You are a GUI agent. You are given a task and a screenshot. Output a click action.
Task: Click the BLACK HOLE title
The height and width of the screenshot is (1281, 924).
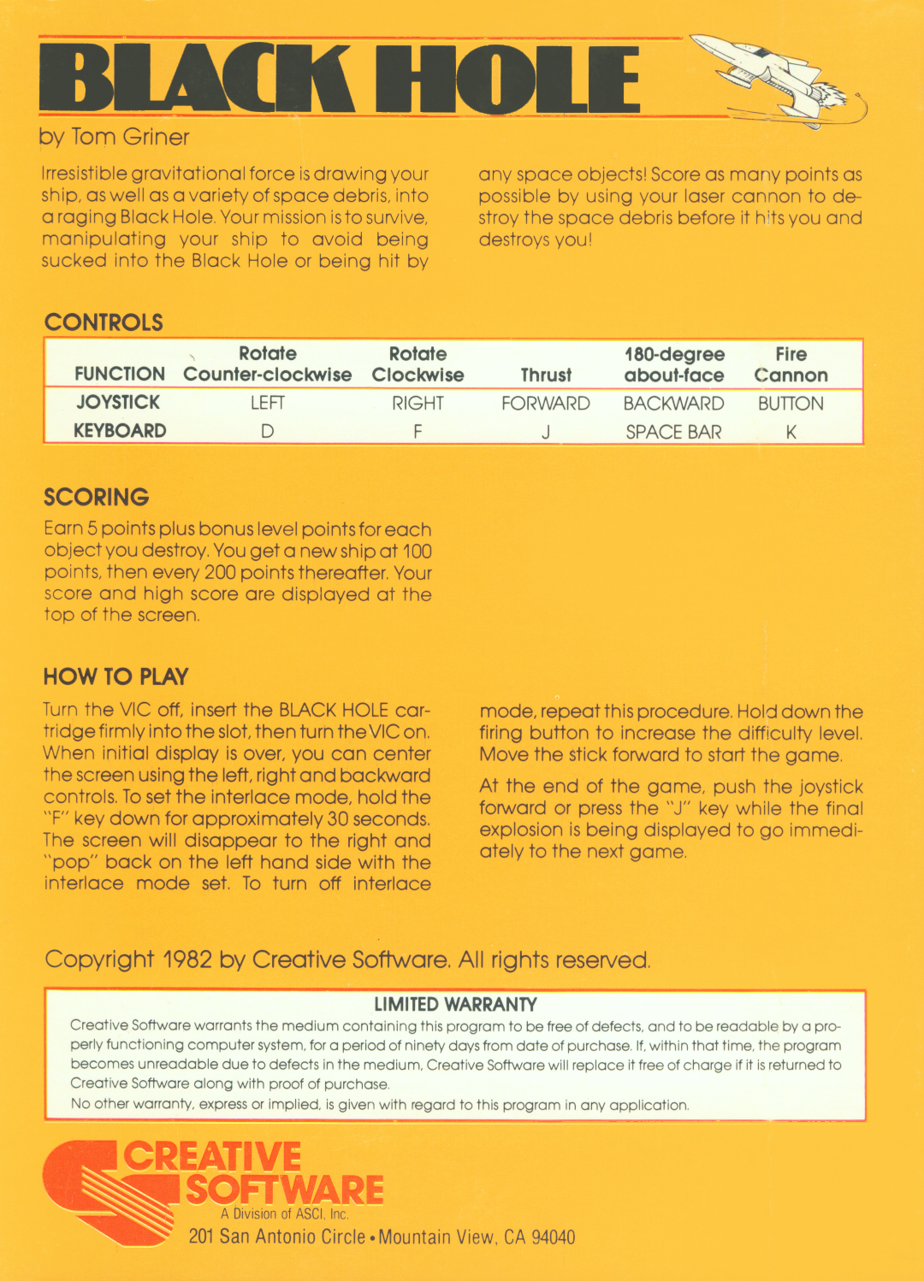point(340,79)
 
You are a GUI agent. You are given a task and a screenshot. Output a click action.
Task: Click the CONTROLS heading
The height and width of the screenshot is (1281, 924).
point(104,322)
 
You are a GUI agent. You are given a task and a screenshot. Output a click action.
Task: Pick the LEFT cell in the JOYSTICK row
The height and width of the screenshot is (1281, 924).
point(267,403)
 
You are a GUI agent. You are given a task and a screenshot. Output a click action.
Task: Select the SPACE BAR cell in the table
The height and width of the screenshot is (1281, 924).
point(673,432)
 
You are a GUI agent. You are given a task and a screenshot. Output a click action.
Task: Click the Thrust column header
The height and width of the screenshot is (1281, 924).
point(546,375)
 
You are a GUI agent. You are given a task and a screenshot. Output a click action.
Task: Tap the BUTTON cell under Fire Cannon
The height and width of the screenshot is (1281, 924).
point(791,403)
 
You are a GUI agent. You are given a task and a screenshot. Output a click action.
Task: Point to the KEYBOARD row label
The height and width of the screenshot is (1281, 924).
point(120,431)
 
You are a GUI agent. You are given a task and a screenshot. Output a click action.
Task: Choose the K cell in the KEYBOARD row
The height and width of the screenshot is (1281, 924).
point(791,432)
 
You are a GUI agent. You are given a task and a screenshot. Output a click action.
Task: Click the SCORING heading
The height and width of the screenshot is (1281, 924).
point(97,497)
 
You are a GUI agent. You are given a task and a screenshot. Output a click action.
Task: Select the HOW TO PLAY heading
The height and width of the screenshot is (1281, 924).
point(115,676)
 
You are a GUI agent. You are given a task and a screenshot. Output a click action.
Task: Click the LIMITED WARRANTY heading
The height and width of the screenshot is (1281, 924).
point(455,1004)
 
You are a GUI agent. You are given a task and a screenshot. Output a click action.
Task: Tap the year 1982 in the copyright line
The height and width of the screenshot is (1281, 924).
point(187,959)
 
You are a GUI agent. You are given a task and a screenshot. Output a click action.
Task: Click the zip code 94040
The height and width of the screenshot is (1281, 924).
point(553,1237)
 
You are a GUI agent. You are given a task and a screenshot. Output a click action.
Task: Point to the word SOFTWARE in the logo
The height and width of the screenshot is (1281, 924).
point(285,1189)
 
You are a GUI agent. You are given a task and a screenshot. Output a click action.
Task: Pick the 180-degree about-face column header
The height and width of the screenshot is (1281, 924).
point(674,364)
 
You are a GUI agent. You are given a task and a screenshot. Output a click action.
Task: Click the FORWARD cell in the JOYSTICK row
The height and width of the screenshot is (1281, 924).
point(546,403)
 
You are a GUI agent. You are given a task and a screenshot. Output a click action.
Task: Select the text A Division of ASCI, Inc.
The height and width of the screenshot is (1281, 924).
point(284,1213)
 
